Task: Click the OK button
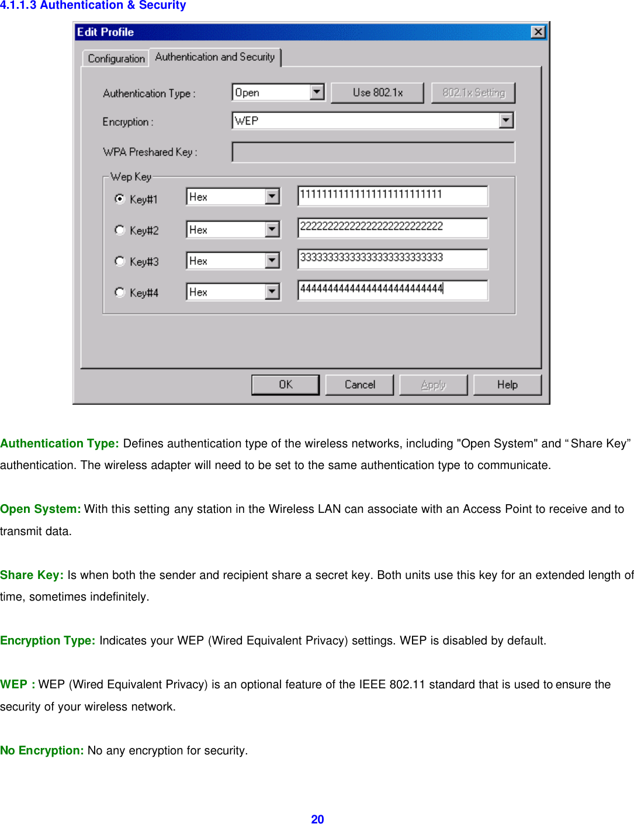(x=285, y=385)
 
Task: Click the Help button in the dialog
(x=507, y=385)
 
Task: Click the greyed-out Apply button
(x=433, y=385)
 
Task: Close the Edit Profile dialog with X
(x=538, y=32)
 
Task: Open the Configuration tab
(x=116, y=58)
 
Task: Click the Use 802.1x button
(x=377, y=92)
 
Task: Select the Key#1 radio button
(x=120, y=199)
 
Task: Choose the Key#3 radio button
(x=120, y=261)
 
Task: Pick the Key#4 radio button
(x=120, y=292)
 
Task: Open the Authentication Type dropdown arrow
(x=317, y=92)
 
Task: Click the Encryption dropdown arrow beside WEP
(x=506, y=120)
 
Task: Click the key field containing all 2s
(x=392, y=227)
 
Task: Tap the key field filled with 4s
(x=392, y=290)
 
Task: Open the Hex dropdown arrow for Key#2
(x=272, y=229)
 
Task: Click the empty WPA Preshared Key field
(x=373, y=152)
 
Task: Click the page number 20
(x=317, y=819)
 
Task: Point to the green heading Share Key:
(x=32, y=575)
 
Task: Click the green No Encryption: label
(x=42, y=750)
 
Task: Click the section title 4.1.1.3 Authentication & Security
(x=93, y=5)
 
